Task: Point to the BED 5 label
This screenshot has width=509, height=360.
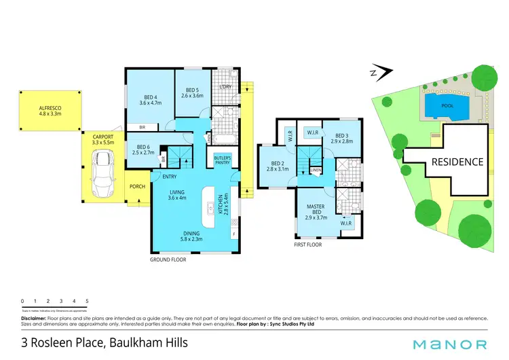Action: pyautogui.click(x=192, y=93)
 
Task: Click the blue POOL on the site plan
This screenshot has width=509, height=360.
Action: pyautogui.click(x=447, y=106)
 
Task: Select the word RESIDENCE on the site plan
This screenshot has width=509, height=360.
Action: pyautogui.click(x=458, y=162)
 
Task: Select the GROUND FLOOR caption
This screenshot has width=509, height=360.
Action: pyautogui.click(x=168, y=259)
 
